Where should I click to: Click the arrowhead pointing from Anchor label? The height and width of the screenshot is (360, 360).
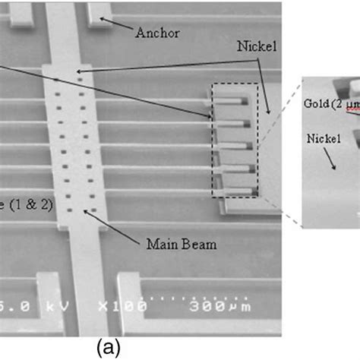coord(104,19)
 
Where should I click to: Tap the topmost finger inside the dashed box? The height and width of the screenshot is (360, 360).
coord(232,99)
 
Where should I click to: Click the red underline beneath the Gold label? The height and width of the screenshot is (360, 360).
coord(352,114)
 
